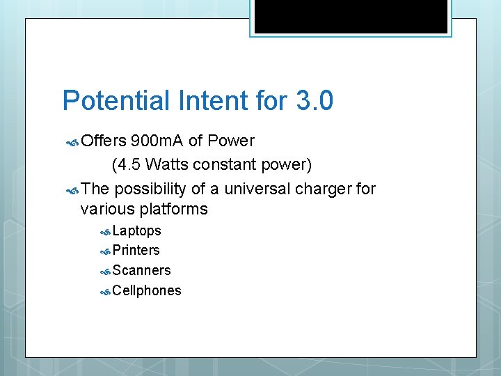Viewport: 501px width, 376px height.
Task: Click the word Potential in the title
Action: tap(116, 101)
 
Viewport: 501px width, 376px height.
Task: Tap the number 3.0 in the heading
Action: tap(315, 101)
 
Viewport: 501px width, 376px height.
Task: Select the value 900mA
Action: tap(157, 141)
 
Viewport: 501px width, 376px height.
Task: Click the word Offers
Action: tap(104, 141)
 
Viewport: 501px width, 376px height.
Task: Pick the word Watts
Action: tap(168, 165)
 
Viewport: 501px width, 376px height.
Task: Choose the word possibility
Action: tap(158, 189)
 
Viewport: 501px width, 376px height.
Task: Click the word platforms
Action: tap(174, 209)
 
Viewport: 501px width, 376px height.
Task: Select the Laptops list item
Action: tap(136, 230)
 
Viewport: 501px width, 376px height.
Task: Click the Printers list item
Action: tap(136, 250)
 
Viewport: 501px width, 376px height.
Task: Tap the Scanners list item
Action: tap(141, 270)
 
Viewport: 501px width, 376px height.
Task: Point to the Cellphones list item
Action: tap(146, 290)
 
